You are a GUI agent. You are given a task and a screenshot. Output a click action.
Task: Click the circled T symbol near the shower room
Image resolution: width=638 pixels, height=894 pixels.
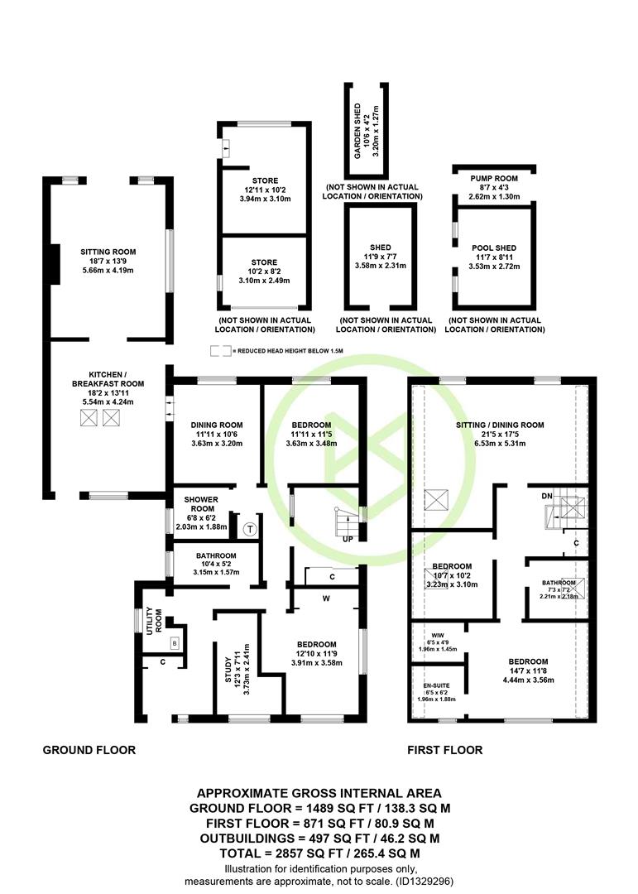(x=250, y=529)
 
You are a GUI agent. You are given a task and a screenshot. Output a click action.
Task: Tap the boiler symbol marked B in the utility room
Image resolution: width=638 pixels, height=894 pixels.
(x=175, y=643)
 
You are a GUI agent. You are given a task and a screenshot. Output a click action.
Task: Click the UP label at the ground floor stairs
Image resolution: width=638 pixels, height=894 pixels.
(x=348, y=539)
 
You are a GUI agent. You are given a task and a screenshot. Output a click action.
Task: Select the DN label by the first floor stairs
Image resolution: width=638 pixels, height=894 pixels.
(x=547, y=496)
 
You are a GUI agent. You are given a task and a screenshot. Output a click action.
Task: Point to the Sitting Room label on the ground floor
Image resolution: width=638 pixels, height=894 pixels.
(x=108, y=252)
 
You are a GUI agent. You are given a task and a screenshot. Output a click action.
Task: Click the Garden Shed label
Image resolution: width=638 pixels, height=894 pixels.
(x=357, y=131)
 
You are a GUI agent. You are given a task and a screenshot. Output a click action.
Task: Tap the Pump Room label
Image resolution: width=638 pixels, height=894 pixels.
(x=494, y=179)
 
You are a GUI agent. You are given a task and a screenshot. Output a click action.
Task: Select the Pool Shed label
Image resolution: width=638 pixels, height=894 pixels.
(x=494, y=248)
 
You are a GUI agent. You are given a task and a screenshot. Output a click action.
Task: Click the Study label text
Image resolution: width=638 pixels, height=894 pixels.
(x=228, y=670)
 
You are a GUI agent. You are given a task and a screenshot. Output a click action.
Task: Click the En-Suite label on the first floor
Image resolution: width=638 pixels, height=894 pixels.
(x=436, y=685)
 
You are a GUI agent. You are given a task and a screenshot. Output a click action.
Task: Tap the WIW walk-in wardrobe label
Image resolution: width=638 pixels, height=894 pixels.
(x=438, y=635)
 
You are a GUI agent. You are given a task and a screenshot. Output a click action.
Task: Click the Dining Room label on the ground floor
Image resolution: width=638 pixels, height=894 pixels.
(x=217, y=425)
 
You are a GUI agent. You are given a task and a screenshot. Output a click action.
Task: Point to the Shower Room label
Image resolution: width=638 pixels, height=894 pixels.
(x=201, y=504)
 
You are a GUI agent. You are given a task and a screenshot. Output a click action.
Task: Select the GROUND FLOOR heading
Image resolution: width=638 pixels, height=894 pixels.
(x=89, y=750)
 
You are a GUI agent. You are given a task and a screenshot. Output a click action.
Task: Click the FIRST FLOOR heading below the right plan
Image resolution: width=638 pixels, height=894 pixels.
(x=445, y=750)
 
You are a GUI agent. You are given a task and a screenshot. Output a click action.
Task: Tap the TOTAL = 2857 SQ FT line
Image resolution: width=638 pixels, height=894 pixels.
(x=319, y=853)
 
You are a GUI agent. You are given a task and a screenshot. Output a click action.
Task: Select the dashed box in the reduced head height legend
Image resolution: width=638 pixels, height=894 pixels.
(x=221, y=351)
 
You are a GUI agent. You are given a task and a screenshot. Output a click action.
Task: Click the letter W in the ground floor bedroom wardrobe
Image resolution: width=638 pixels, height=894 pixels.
(x=327, y=598)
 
